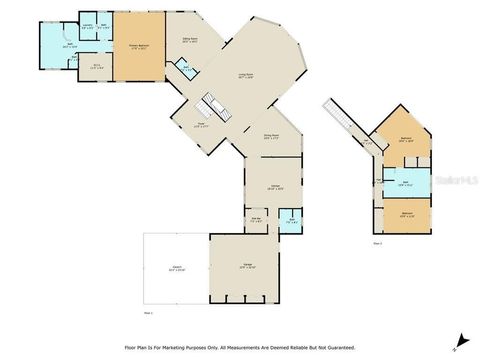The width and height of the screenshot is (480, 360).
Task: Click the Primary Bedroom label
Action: [138, 44]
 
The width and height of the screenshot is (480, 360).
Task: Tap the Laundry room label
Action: [88, 26]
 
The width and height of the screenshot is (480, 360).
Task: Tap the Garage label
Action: [246, 266]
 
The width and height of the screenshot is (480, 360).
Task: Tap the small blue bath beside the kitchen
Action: [291, 220]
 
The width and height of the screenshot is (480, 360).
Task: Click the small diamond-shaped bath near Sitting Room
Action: [183, 67]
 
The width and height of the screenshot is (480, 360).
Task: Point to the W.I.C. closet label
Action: [97, 67]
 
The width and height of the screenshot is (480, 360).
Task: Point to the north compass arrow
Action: [459, 339]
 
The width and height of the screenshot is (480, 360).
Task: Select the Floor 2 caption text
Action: [378, 243]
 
